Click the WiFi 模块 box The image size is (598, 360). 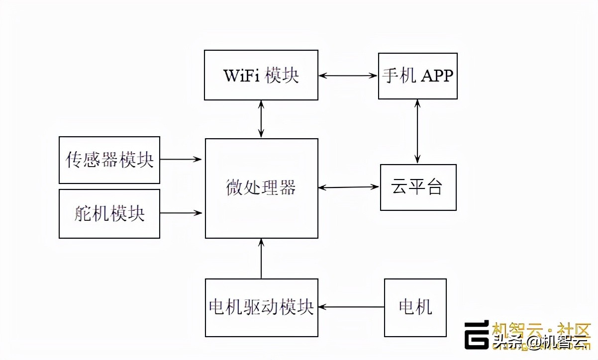(x=261, y=75)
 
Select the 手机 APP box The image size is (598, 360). (x=417, y=76)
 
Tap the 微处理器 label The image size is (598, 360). (x=261, y=188)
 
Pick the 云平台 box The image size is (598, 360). (x=418, y=187)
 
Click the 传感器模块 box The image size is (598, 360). (x=109, y=160)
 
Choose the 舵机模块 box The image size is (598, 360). (x=109, y=213)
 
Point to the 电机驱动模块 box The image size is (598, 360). (x=261, y=307)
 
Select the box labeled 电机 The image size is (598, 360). (x=415, y=307)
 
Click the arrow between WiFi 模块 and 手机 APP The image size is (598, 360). (x=348, y=76)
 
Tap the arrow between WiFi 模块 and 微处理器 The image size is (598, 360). (x=261, y=119)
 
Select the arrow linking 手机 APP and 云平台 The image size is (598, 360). (x=417, y=131)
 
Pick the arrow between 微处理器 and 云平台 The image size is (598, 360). (x=349, y=187)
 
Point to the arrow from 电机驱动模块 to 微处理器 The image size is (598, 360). (x=261, y=259)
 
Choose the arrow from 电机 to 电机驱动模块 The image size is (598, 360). (x=351, y=307)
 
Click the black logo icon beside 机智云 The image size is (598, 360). (x=477, y=335)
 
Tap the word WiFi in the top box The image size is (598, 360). (x=242, y=76)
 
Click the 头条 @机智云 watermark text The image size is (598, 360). (x=540, y=343)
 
